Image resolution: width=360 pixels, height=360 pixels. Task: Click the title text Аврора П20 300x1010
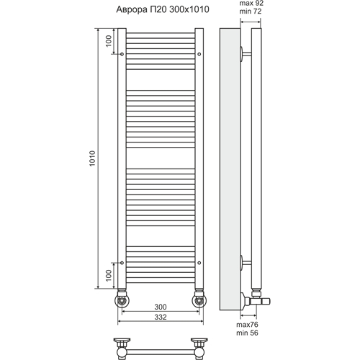(163, 9)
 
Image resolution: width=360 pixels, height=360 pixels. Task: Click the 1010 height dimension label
(92, 158)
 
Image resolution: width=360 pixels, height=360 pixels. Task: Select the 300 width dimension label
(161, 307)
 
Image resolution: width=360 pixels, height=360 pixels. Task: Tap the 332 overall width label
(161, 317)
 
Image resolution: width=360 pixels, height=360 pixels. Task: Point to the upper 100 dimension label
(109, 41)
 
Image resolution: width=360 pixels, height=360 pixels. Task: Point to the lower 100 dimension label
(109, 276)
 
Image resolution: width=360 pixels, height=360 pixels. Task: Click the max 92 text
(251, 4)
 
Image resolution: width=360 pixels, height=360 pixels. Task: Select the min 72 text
(251, 12)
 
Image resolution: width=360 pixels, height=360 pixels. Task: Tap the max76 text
(247, 325)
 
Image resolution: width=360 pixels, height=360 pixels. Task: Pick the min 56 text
(247, 333)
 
